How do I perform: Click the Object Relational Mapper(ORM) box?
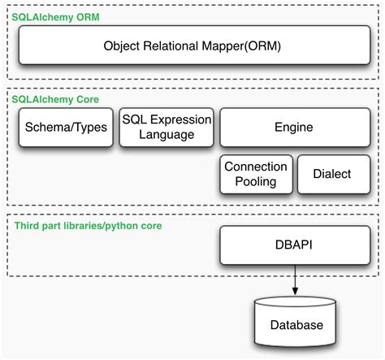point(192,46)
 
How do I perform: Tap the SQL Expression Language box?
point(166,128)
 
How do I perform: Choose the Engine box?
point(293,128)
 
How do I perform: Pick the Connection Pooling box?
point(256,174)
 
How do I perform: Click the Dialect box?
point(333,174)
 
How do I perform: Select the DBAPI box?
point(293,244)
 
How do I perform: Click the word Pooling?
point(256,182)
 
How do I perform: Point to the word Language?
point(166,136)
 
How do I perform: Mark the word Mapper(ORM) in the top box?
point(247,46)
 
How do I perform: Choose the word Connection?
point(256,166)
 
